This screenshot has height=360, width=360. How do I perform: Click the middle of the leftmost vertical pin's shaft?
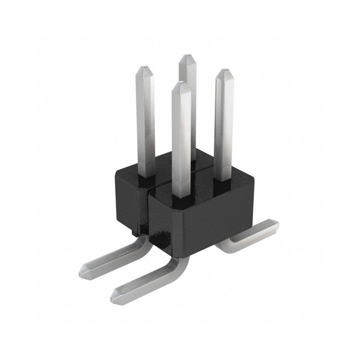145,121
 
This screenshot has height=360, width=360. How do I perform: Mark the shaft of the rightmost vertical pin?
223,126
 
